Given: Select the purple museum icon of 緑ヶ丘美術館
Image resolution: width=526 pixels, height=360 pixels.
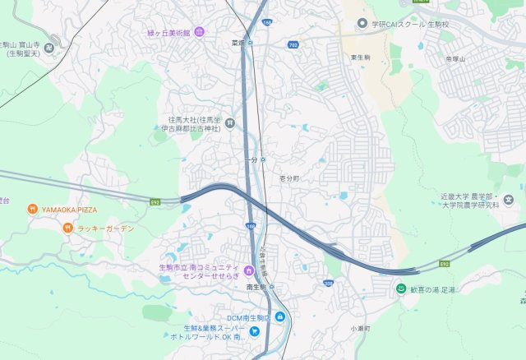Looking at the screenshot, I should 200,32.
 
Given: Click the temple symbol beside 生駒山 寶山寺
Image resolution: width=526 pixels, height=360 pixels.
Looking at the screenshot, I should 49,47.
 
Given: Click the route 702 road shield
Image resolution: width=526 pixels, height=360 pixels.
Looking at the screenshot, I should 293,44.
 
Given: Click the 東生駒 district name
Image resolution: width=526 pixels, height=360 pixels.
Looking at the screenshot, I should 362,58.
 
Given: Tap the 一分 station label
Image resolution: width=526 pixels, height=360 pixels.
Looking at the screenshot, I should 251,159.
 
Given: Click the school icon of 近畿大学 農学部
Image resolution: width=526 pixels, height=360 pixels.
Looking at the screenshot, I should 509,199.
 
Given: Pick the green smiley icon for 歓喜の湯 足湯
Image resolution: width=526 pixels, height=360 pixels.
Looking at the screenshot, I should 401,289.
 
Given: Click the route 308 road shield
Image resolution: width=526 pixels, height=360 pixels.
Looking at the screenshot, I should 328,284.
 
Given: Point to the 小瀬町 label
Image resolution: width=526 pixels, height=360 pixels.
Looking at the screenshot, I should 360,328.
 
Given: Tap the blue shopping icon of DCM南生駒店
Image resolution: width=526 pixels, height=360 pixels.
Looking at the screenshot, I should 280,317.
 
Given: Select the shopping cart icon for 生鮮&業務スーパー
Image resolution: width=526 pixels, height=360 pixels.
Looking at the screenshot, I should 254,331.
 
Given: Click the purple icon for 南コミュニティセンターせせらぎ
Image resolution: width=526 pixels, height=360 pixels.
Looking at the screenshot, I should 248,270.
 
